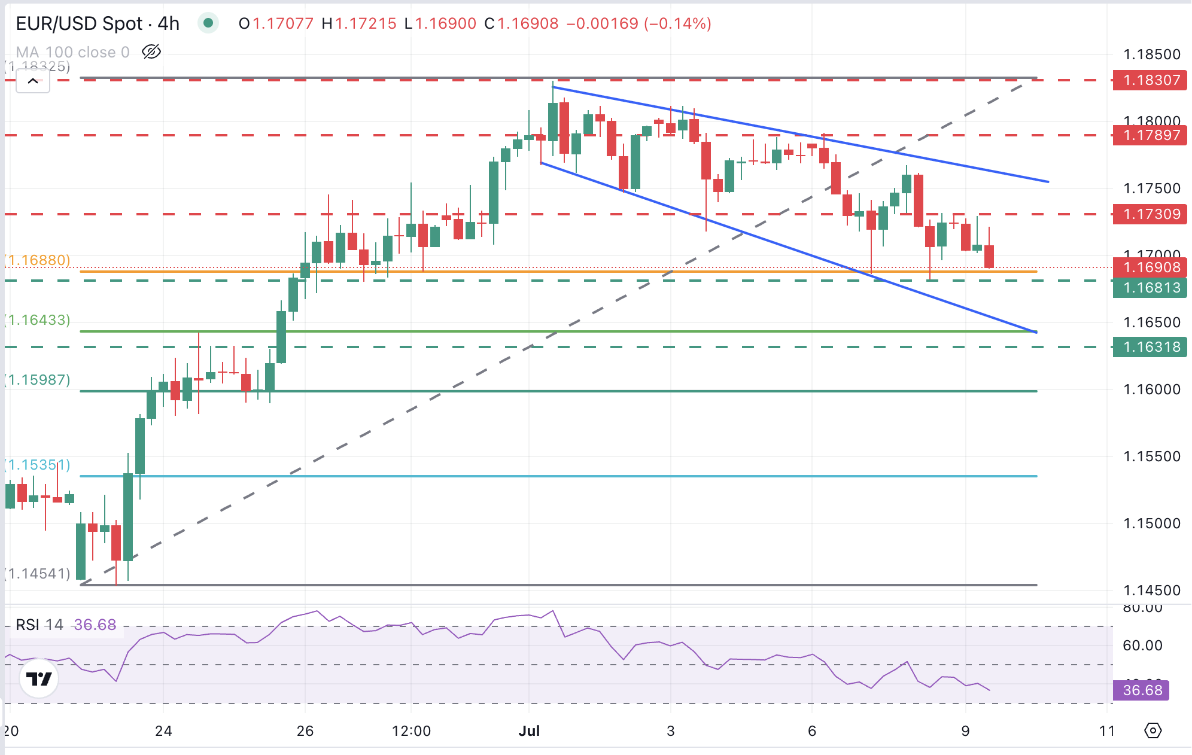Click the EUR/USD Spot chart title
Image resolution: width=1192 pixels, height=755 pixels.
point(98,23)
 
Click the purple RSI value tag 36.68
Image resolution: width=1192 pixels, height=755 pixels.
point(1141,690)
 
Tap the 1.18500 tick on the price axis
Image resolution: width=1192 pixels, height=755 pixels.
point(1151,54)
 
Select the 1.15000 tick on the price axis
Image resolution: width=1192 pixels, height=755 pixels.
point(1151,523)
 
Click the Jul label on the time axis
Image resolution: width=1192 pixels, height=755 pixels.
point(529,730)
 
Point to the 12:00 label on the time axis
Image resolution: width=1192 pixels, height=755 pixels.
point(411,730)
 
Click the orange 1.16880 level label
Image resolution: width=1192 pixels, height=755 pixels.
point(38,260)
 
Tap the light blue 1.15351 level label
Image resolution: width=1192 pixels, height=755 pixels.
point(38,465)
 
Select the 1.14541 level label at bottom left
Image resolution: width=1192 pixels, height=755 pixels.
point(38,574)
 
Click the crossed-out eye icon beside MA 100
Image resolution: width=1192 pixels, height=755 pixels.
point(151,52)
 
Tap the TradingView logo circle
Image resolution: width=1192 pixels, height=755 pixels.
point(39,678)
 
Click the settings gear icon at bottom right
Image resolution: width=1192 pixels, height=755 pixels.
point(1153,730)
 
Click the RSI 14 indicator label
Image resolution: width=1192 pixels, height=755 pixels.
point(39,625)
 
